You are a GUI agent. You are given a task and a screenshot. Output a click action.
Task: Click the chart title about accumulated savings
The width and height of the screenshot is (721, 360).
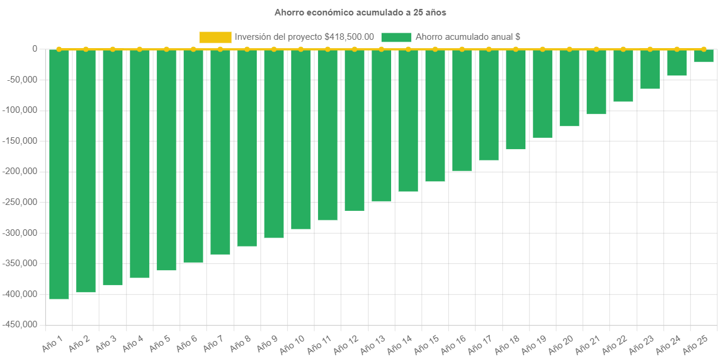360,12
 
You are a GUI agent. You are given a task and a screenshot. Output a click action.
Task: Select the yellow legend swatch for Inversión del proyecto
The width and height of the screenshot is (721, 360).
215,37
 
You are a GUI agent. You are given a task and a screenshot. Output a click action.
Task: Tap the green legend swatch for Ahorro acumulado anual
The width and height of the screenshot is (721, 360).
396,37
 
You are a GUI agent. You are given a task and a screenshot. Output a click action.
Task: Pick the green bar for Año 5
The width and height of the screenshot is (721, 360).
166,160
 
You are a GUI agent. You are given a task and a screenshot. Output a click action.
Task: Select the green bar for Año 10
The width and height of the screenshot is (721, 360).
301,139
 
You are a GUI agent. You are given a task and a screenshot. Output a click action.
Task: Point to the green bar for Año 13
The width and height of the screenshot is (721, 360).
382,125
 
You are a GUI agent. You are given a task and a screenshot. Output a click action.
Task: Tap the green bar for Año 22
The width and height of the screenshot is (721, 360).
623,75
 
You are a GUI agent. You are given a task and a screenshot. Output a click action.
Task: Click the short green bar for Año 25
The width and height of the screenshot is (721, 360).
704,56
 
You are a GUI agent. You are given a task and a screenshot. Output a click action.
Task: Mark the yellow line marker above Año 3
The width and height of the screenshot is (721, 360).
113,49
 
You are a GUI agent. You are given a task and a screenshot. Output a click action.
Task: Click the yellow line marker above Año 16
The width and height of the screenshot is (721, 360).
462,49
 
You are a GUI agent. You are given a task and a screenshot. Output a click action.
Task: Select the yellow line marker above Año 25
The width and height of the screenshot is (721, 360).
704,49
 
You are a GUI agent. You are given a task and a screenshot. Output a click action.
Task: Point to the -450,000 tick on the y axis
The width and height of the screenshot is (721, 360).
20,324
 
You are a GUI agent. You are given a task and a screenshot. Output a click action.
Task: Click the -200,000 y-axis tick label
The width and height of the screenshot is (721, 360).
20,171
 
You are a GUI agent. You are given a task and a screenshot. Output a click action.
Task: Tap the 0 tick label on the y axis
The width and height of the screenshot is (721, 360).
34,49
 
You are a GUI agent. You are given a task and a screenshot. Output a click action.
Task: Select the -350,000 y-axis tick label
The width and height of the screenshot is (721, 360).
20,263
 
